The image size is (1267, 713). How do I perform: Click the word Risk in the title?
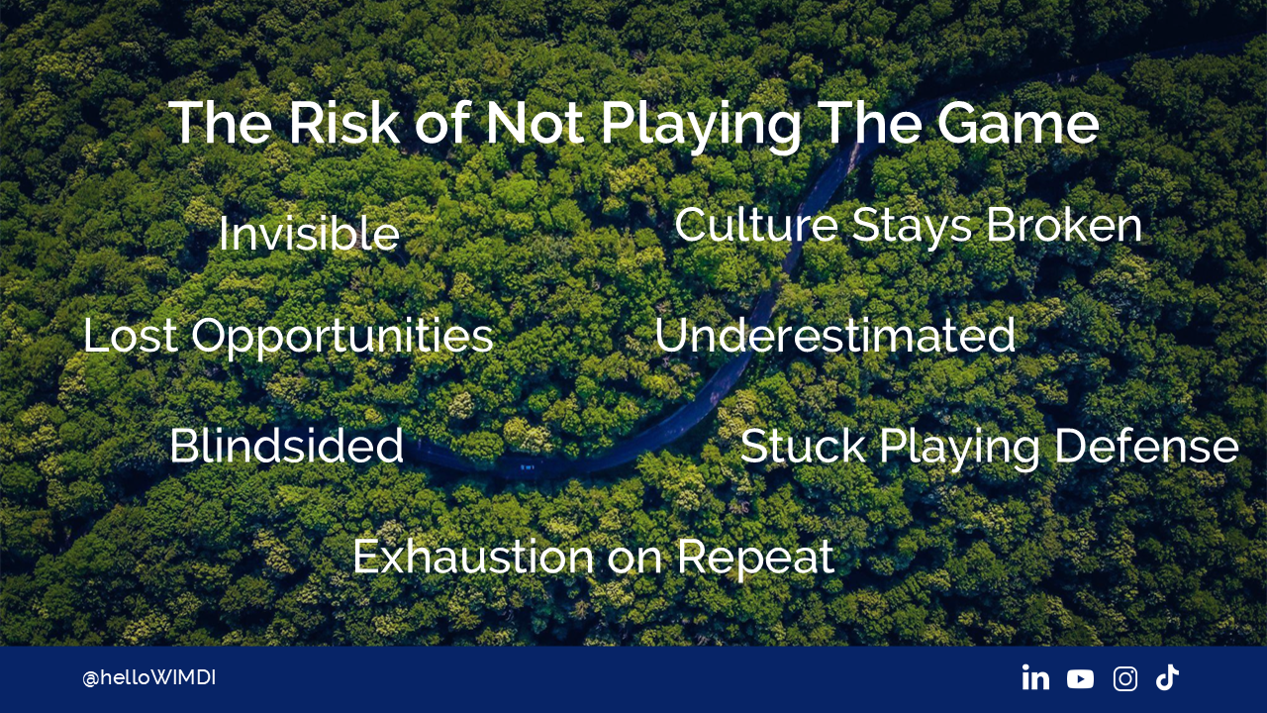pos(343,123)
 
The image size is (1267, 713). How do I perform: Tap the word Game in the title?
pos(1019,123)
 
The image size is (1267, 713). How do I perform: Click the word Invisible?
pos(309,233)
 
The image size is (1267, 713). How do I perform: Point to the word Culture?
pos(755,225)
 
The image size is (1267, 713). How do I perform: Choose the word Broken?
pos(1064,225)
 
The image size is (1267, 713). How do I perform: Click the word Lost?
pos(130,335)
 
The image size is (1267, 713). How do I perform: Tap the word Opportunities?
pos(342,338)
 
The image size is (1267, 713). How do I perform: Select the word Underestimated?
pos(834,335)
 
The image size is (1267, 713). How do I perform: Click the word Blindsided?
pos(287,446)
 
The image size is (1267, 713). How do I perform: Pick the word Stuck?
pos(803,446)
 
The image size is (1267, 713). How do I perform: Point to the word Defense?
pos(1146,446)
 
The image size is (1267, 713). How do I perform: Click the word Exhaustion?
pos(473,557)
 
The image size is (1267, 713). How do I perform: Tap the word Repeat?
pos(755,560)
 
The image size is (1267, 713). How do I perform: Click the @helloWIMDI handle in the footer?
pos(148,678)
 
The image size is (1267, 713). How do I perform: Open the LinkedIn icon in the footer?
pos(1035,677)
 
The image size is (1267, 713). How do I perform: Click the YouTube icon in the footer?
pos(1080,679)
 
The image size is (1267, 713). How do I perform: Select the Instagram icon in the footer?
pos(1125,678)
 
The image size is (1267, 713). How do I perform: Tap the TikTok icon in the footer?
pos(1167,677)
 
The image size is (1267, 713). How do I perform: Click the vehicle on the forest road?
pos(527,467)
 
